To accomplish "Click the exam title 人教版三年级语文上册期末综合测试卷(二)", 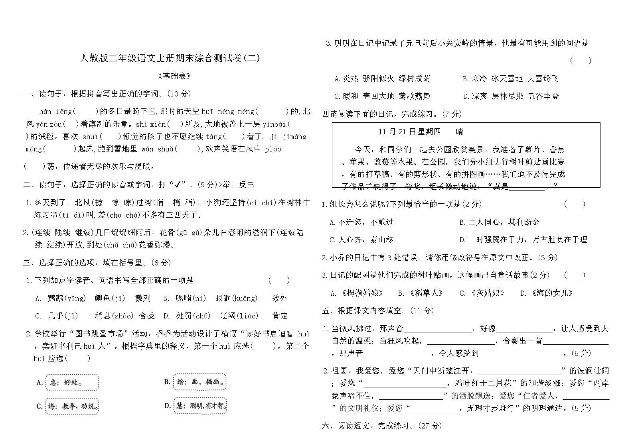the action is click(x=170, y=58).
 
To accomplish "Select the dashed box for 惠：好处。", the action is click(x=72, y=383).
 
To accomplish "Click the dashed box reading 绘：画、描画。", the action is click(x=200, y=382).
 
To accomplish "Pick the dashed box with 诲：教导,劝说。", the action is click(x=72, y=406).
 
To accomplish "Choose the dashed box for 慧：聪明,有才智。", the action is click(x=201, y=406).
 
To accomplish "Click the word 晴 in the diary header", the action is click(x=459, y=132).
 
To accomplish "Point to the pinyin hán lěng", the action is click(x=55, y=112).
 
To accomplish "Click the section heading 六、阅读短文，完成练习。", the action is click(x=381, y=425).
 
